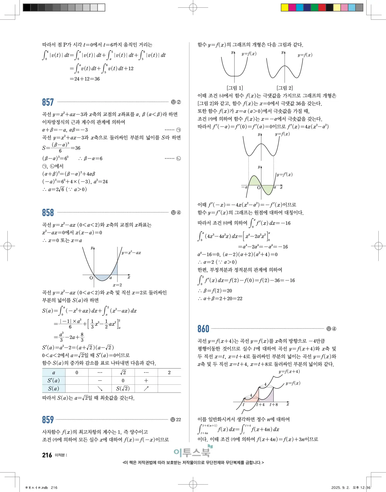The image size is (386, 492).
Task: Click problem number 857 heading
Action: pos(48,102)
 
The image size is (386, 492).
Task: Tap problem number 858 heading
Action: pos(48,213)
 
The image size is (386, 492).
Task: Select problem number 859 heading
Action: pos(48,420)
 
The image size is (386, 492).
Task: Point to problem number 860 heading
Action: pos(203,329)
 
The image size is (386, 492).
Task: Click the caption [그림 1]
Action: pos(235,88)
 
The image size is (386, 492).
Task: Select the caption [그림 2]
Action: pos(285,88)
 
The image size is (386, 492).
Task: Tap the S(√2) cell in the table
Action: pos(123,388)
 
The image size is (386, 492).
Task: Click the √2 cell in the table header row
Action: pos(123,373)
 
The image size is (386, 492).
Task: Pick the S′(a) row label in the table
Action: pos(54,381)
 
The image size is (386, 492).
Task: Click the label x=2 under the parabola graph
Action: pos(117,285)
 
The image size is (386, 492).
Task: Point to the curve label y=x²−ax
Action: pos(131,253)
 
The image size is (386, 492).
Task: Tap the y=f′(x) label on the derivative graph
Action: pos(284,175)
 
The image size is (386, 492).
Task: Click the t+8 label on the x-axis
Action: pos(273,405)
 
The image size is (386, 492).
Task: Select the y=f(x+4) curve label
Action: pos(289,371)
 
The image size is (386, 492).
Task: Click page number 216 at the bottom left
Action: pos(47,455)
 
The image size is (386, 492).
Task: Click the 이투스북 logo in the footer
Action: pos(193,452)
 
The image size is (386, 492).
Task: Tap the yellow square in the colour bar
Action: pos(284,7)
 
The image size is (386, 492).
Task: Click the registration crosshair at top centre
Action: pos(193,7)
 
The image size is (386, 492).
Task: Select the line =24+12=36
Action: pos(85,79)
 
